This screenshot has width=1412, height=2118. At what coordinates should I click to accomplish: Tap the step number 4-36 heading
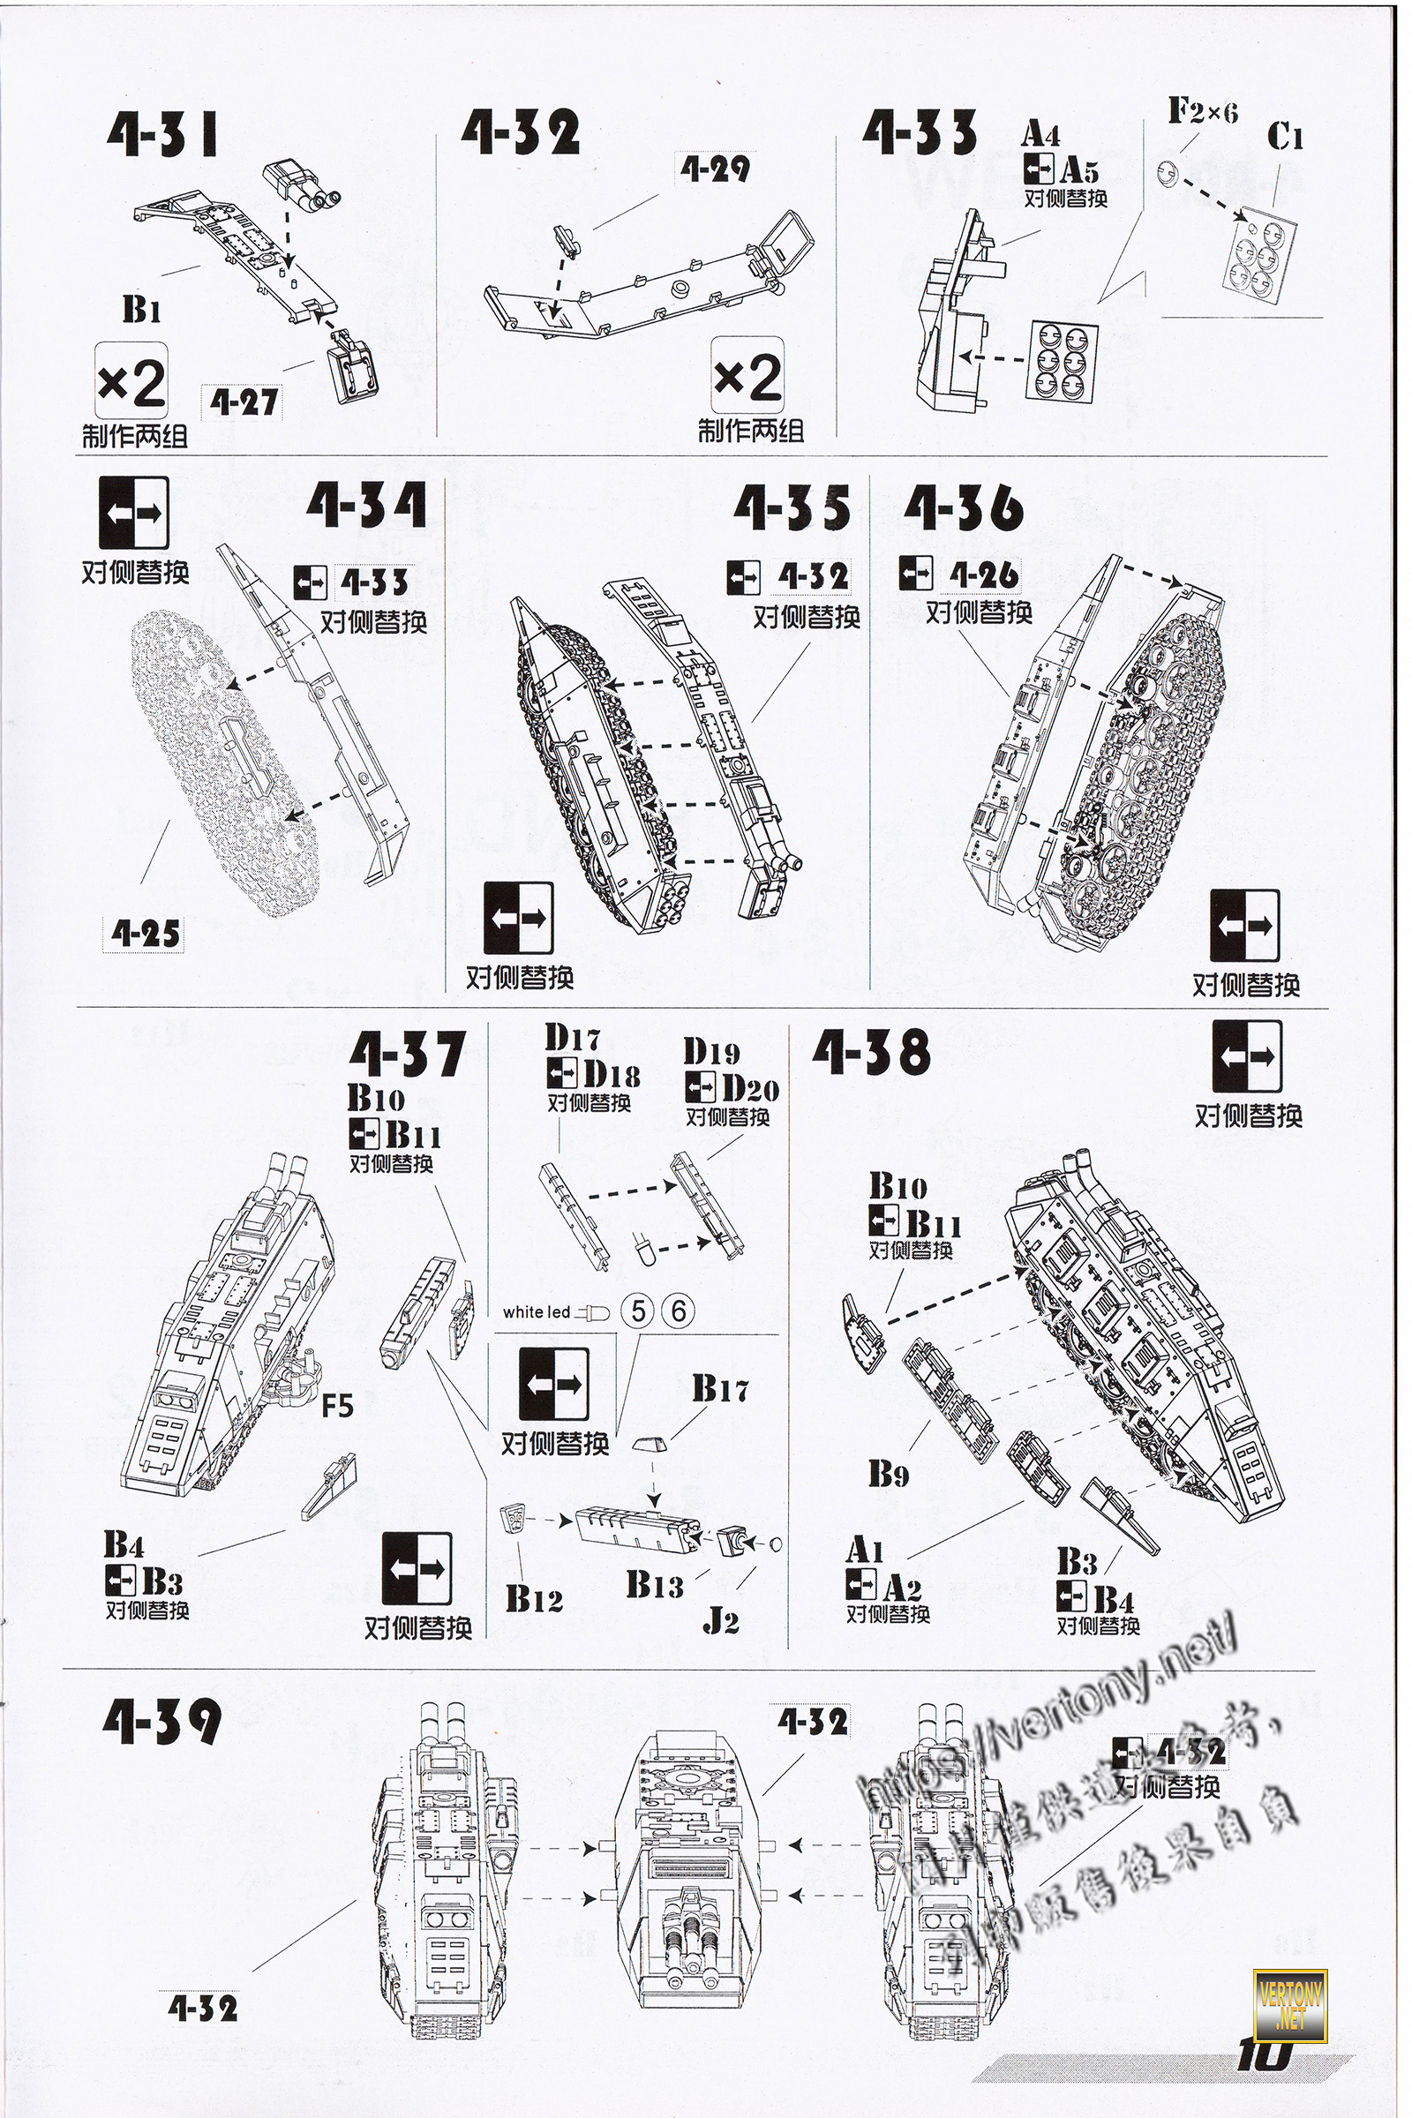pos(964,509)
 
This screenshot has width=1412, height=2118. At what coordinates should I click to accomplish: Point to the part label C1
pos(1285,138)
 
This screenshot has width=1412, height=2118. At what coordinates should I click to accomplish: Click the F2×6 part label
pos(1202,112)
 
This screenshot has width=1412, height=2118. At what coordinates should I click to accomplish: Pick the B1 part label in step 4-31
pos(141,310)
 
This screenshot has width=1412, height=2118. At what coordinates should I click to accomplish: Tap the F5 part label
pos(337,1405)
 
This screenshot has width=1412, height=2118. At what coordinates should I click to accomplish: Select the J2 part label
pos(720,1621)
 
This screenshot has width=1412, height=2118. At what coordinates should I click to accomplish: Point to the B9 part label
pos(889,1474)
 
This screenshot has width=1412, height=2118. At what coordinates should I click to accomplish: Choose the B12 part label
pos(533,1598)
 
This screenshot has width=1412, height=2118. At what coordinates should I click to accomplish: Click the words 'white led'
pos(537,1312)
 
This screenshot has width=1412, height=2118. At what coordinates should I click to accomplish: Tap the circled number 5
pos(638,1311)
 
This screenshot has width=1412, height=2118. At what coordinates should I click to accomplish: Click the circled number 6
pos(678,1311)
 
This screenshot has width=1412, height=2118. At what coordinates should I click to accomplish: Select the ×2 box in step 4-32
pos(747,378)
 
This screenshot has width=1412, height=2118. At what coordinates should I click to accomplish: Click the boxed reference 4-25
pos(145,934)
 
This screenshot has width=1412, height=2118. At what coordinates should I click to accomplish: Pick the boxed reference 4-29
pos(714,169)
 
